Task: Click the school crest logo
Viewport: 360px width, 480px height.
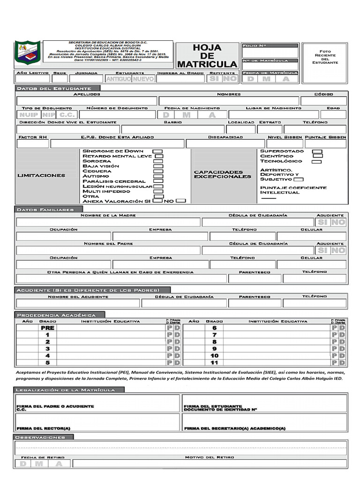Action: [x=28, y=52]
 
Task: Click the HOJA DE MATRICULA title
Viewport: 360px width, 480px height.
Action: [x=207, y=55]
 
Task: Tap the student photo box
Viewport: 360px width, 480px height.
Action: [x=325, y=57]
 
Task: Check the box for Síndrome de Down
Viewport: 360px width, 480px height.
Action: [x=158, y=151]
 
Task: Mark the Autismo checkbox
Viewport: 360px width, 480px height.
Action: [x=158, y=176]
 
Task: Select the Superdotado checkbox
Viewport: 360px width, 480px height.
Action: [x=317, y=151]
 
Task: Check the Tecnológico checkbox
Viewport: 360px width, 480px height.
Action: [x=316, y=162]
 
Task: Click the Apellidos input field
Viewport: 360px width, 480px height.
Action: [x=87, y=101]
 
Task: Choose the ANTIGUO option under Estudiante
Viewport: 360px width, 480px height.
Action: [x=118, y=79]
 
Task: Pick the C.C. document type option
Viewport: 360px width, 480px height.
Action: [x=67, y=115]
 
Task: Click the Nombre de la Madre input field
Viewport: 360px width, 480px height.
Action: [x=108, y=222]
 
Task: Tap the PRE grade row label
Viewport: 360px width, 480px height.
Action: [x=47, y=328]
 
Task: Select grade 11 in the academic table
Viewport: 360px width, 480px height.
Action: [x=214, y=362]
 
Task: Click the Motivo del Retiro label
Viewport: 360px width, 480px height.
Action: [x=209, y=457]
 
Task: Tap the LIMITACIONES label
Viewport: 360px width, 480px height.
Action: [x=41, y=175]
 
